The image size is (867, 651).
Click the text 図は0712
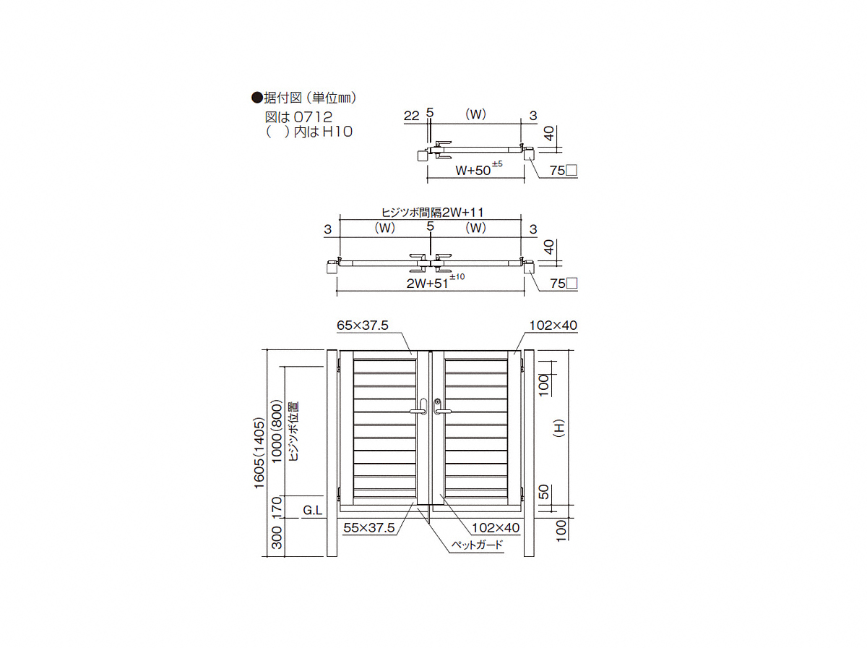coord(298,117)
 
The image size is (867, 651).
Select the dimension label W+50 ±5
coord(479,169)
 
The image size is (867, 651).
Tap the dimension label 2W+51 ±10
coord(435,282)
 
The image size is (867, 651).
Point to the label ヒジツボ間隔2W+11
coord(433,212)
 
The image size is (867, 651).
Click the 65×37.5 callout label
coord(362,325)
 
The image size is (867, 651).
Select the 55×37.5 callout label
coord(369,527)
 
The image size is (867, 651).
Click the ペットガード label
coord(477,545)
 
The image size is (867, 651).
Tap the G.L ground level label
coord(312,510)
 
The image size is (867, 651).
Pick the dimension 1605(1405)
coord(259,453)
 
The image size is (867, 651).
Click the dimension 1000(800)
coord(277,431)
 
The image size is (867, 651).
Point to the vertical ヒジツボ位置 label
coord(293,431)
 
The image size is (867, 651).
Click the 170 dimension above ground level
coord(277,507)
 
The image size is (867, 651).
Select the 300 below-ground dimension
coord(277,537)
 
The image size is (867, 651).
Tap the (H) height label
coord(559,427)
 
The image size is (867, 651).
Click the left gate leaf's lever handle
coord(419,407)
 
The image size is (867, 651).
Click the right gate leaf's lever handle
coord(441,407)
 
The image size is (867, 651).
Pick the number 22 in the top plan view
coord(411,116)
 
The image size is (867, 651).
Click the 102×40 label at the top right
coord(553,325)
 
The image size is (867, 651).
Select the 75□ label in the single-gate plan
coord(564,171)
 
